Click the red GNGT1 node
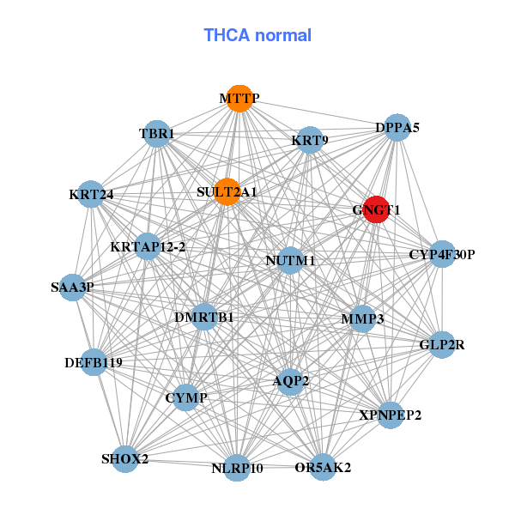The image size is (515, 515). point(377,209)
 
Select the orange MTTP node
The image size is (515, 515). point(239,99)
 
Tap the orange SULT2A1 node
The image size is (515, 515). point(227,192)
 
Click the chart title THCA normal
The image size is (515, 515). point(257,35)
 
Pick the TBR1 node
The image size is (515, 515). point(157,134)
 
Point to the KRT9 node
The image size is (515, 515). point(309,140)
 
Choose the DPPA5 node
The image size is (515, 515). point(397,128)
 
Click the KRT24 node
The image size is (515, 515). point(91,194)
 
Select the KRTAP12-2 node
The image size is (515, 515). point(148,247)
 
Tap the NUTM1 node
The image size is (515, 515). point(290,260)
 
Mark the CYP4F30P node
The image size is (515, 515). point(442,254)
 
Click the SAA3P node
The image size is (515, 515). point(72,288)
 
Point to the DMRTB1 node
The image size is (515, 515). point(204,318)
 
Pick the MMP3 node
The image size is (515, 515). point(362,319)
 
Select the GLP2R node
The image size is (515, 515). point(442,345)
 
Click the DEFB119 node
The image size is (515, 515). point(94,363)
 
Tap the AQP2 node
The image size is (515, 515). point(291,380)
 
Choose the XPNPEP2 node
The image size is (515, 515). point(391,415)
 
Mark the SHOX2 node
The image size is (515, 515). point(125,459)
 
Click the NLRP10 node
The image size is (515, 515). point(238,469)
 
